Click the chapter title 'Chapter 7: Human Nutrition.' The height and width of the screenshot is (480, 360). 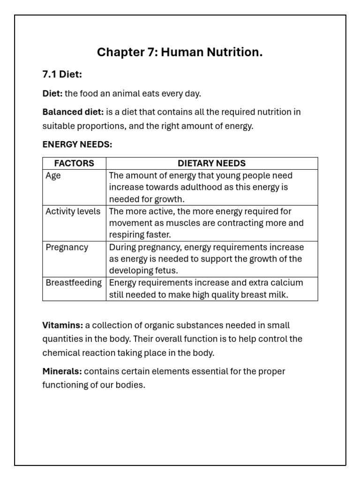[180, 52]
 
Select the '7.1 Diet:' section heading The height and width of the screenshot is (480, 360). [62, 75]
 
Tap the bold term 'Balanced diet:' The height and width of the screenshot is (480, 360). [73, 112]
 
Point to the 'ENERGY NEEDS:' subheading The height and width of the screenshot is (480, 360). [77, 144]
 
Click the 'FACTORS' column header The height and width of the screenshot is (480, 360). [74, 163]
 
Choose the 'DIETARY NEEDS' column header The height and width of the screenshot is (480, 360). [211, 163]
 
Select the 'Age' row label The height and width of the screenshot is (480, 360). [53, 176]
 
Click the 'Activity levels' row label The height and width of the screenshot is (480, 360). [73, 211]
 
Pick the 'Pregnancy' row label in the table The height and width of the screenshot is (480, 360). [67, 247]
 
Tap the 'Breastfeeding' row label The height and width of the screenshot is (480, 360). [74, 283]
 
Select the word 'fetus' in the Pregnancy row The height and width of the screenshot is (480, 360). [167, 271]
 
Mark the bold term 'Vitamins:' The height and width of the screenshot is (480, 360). [63, 325]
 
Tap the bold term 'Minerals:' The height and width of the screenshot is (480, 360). [62, 372]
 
